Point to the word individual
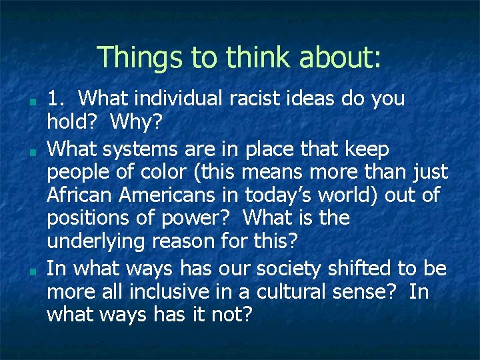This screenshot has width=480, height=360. click(177, 99)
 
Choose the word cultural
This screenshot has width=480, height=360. click(313, 291)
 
